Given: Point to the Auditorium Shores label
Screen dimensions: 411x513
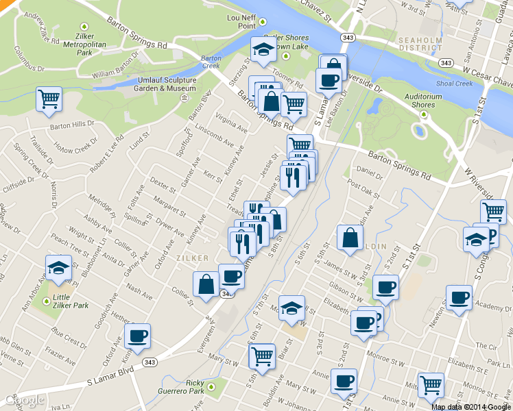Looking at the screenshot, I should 418,100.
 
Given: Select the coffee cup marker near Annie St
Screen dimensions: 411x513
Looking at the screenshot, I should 344,381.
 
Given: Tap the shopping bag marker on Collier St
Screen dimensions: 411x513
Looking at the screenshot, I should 206,284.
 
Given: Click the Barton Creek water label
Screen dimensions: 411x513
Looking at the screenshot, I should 211,62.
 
